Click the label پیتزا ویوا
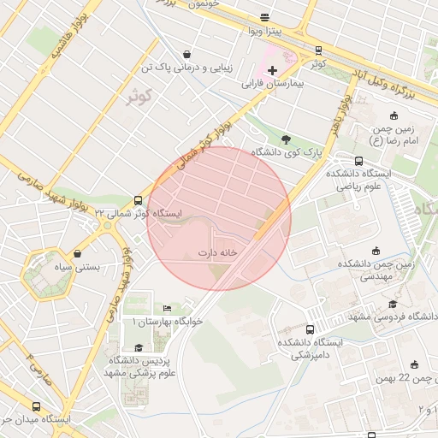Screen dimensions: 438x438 click(265, 32)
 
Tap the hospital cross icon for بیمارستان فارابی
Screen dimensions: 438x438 click(272, 70)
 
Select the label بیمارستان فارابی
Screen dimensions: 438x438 click(272, 85)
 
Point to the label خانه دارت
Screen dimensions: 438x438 click(217, 253)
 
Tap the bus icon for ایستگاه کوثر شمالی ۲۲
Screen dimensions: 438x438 click(139, 198)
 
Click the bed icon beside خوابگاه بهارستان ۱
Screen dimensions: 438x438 click(167, 308)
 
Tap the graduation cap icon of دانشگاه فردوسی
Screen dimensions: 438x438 click(393, 304)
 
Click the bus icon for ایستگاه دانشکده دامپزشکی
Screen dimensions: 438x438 click(310, 328)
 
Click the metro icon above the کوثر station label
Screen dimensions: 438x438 click(318, 50)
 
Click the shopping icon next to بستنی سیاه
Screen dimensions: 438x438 click(79, 253)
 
